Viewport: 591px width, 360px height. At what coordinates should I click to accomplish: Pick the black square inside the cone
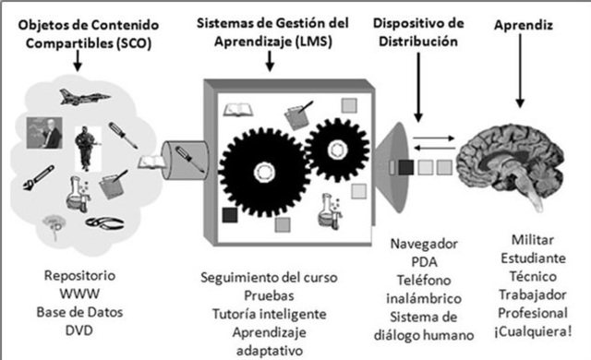(x=406, y=167)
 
